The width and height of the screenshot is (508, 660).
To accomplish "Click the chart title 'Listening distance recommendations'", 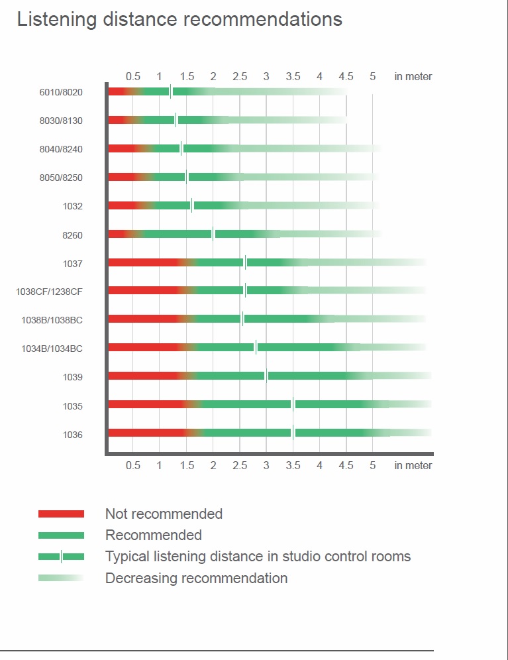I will [179, 19].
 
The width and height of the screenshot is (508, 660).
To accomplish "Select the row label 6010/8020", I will [61, 92].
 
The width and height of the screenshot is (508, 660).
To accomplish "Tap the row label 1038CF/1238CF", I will [49, 292].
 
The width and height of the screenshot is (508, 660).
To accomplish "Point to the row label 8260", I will [72, 235].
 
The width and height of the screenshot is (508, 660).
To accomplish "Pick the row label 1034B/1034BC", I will [52, 349].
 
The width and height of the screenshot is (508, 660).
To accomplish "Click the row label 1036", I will [72, 435].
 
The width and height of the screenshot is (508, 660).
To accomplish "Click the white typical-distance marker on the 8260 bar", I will [213, 233].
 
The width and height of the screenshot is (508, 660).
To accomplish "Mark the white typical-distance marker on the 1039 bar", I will [266, 376].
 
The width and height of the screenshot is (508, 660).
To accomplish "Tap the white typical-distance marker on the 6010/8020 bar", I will [170, 91].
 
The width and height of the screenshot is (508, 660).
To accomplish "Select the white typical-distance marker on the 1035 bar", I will [293, 404].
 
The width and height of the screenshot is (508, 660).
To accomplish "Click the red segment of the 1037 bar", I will [142, 262].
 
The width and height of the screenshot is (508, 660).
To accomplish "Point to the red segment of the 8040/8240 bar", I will [121, 148].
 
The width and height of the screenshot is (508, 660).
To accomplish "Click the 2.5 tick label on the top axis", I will [240, 77].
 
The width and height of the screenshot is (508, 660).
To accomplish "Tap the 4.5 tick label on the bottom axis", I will [346, 465].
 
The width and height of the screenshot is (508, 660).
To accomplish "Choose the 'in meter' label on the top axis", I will [413, 77].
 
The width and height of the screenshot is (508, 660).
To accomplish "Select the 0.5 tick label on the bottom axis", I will [133, 465].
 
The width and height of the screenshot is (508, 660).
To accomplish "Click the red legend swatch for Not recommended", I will [61, 514].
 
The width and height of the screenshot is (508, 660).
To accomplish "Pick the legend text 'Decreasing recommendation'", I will [196, 578].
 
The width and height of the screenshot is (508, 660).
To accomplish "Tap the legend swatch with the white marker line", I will [61, 557].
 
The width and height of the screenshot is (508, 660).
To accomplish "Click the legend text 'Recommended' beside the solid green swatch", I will [154, 535].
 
